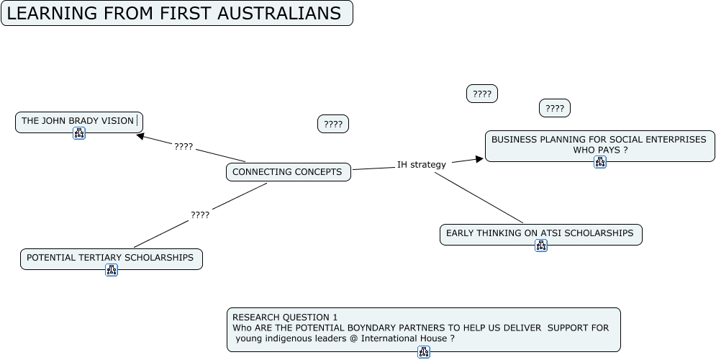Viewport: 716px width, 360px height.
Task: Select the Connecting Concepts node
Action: (287, 172)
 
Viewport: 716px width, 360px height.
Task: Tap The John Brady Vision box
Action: (77, 121)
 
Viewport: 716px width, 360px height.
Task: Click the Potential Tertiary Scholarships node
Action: (110, 258)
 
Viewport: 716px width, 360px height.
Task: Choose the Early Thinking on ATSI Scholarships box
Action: (540, 233)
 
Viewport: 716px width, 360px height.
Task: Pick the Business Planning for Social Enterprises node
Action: (599, 140)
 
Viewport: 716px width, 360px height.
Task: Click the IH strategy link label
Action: (422, 165)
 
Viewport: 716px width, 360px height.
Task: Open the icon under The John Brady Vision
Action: (79, 133)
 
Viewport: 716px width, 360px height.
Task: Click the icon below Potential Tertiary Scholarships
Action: (112, 270)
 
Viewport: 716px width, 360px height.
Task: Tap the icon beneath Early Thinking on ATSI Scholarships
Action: (541, 246)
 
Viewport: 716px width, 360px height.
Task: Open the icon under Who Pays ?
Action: (600, 162)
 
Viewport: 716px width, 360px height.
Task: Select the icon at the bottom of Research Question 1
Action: (424, 352)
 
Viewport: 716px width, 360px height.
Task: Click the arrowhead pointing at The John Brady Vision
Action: (140, 135)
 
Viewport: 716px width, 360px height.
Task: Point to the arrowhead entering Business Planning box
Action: (478, 159)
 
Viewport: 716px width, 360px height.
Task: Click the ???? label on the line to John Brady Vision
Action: (183, 147)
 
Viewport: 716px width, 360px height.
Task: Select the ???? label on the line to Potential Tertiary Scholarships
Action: (200, 215)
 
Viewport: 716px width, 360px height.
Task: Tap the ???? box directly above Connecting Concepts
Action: (333, 125)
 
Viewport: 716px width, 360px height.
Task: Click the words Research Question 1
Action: (285, 318)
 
